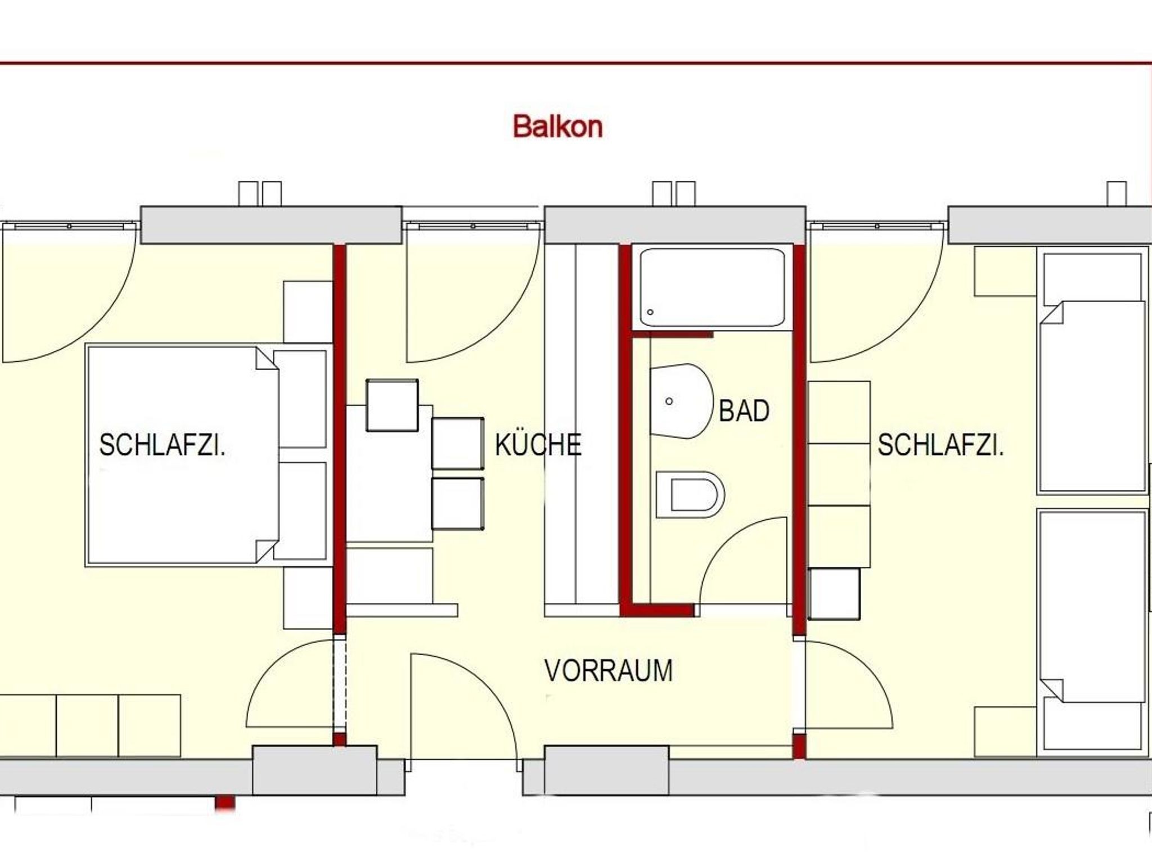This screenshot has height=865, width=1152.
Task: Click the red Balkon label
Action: point(557,127)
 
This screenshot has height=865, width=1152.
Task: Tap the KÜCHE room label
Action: point(538,444)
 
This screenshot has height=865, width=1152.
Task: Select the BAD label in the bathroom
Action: point(744,411)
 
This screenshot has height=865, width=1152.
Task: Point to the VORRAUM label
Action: point(609,670)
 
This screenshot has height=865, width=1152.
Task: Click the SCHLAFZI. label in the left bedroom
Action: point(162,445)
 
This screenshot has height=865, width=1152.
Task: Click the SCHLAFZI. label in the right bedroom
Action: point(940,445)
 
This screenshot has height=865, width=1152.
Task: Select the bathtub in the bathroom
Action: point(712,287)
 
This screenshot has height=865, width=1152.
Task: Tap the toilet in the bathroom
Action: point(690,494)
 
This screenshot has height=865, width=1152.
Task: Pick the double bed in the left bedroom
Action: point(182,456)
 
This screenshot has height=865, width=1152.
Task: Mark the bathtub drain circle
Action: point(650,312)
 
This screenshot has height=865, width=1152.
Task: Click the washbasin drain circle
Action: point(669,402)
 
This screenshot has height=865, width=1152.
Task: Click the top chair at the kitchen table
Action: point(392,406)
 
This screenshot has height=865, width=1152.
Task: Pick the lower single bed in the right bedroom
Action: point(1092,630)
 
